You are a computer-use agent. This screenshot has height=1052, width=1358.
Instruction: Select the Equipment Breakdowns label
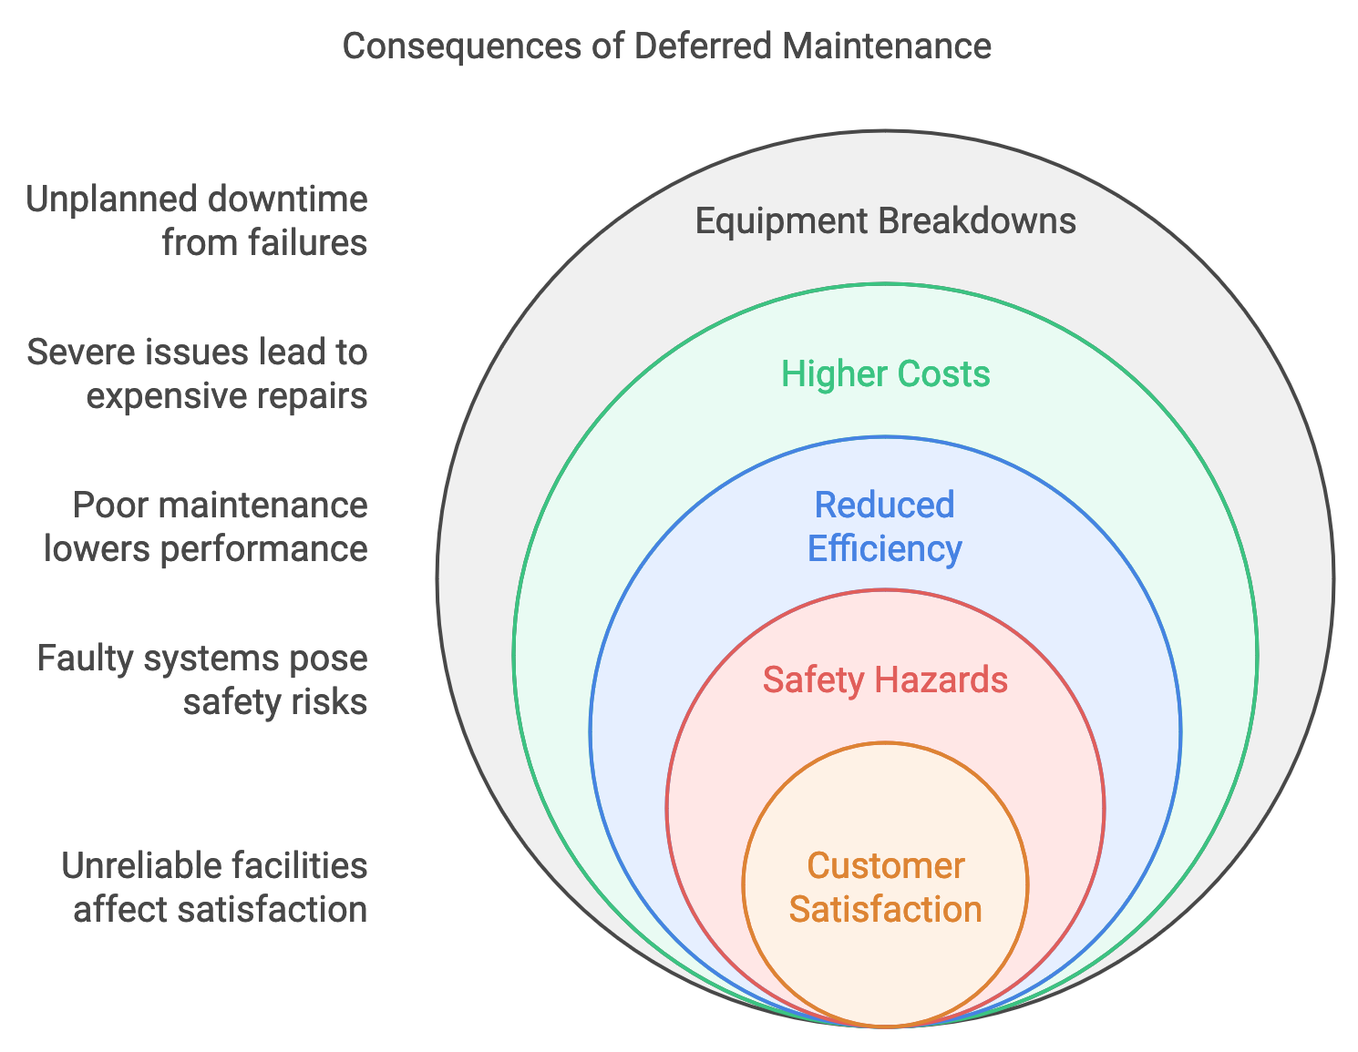(x=885, y=221)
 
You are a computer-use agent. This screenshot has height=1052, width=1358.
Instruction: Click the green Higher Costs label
(x=885, y=374)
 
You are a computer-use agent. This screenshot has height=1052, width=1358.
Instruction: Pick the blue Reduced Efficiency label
(x=884, y=527)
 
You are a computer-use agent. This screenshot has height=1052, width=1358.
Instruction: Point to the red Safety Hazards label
(x=885, y=680)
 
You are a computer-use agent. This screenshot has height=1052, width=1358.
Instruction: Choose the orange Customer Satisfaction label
(x=885, y=888)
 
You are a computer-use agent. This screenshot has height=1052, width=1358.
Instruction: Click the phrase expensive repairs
(x=227, y=396)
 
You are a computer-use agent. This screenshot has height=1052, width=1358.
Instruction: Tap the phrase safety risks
(x=275, y=702)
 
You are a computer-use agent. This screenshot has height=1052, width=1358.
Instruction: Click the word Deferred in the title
(x=703, y=46)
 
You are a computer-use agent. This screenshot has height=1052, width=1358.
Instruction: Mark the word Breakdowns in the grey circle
(x=975, y=221)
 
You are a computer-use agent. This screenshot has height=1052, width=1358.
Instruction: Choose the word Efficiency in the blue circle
(x=884, y=549)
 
